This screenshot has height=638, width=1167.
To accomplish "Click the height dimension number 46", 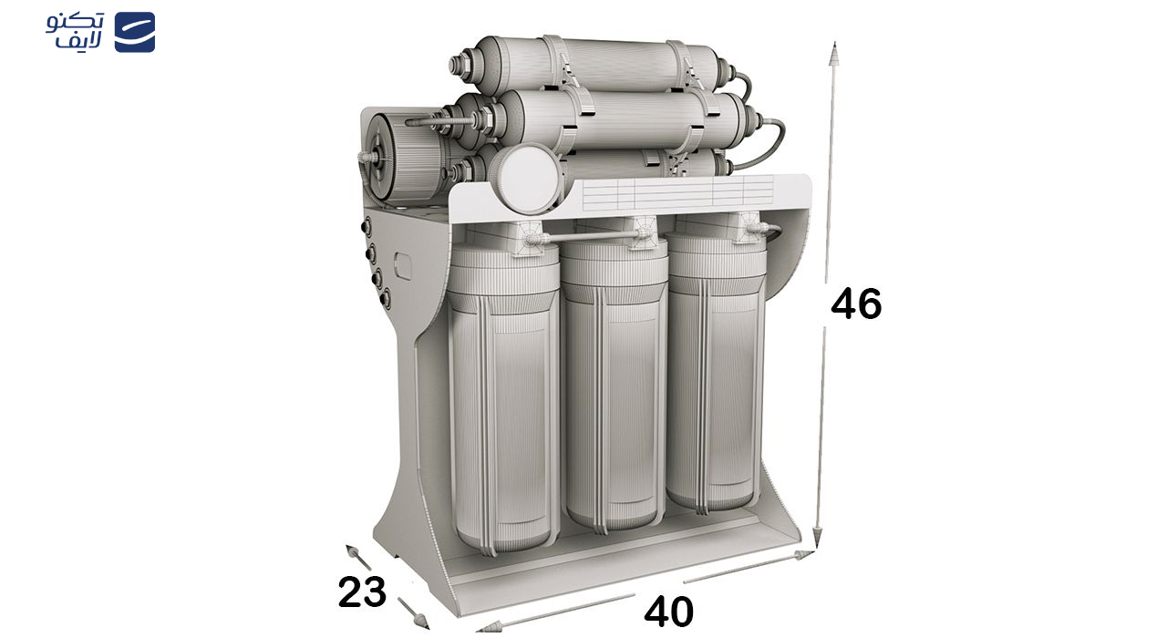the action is [x=856, y=304].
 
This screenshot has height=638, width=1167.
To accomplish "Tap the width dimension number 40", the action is [x=668, y=612].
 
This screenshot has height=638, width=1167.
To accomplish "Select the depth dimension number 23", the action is [x=362, y=592].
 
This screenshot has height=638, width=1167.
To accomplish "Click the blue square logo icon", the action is [x=134, y=32].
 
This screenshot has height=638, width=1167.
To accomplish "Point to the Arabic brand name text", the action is [x=75, y=31].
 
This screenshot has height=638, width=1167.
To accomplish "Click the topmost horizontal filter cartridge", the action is [x=594, y=64].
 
